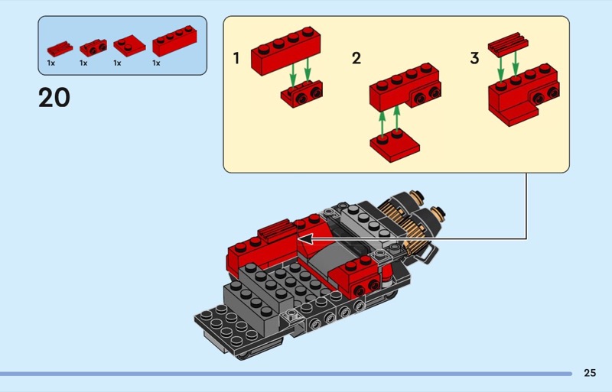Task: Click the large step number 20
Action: click(54, 98)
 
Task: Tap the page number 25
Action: click(590, 373)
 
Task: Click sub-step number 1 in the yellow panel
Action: click(236, 59)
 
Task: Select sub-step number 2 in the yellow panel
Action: click(356, 59)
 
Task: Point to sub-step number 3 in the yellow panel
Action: click(474, 59)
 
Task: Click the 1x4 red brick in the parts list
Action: click(174, 41)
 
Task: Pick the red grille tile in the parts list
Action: click(60, 48)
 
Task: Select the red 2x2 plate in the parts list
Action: click(129, 46)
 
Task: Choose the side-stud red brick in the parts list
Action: click(93, 47)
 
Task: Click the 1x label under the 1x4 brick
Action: click(156, 63)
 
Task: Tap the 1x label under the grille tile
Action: click(50, 63)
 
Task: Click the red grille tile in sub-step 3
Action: click(508, 44)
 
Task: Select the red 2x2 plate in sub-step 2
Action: click(395, 147)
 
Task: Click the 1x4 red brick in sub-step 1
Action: click(285, 50)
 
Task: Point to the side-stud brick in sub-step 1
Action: click(301, 94)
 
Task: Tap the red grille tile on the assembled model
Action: click(276, 230)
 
